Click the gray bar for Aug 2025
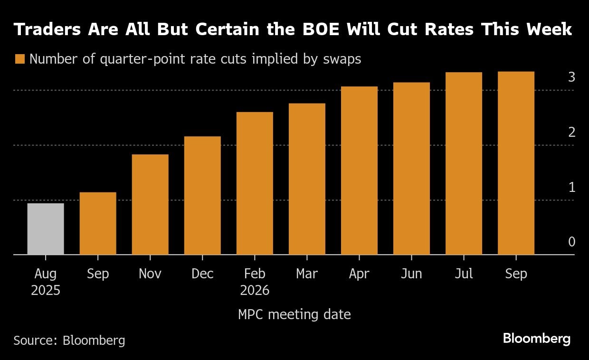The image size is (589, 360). (x=46, y=229)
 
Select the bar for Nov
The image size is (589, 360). (x=150, y=204)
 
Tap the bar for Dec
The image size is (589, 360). (x=202, y=195)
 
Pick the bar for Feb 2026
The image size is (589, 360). (x=255, y=183)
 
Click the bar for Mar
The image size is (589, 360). (x=307, y=179)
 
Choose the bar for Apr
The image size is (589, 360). (x=359, y=171)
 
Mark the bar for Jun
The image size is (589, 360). (x=411, y=169)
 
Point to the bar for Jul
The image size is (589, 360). (x=464, y=163)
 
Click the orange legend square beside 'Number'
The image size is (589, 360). (x=19, y=59)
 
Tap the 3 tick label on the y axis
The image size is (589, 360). (x=571, y=77)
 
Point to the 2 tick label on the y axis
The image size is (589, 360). (x=571, y=132)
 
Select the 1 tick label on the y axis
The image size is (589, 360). (x=571, y=187)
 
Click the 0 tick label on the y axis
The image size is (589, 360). (x=571, y=242)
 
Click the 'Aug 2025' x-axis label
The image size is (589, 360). (x=46, y=282)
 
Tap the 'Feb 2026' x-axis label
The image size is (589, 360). (x=255, y=282)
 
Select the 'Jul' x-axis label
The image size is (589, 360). (x=464, y=274)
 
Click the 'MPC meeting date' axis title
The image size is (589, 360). (x=294, y=314)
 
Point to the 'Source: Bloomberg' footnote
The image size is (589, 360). (x=69, y=340)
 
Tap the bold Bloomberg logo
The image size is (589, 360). (x=537, y=339)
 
